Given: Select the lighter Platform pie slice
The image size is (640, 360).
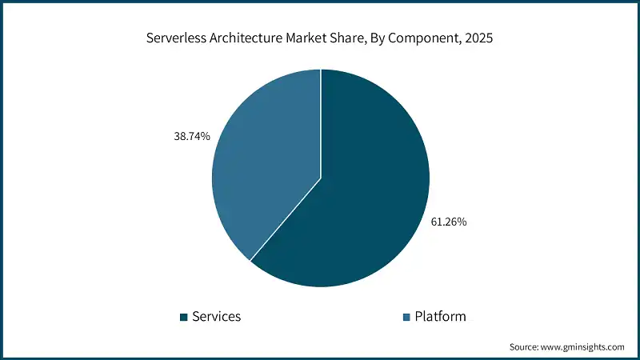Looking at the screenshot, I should pos(264,160).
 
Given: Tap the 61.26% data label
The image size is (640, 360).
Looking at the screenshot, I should pos(448,222).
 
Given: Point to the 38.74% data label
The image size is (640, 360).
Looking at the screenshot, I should pos(191,137).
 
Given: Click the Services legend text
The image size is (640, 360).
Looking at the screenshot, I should pos(216,317).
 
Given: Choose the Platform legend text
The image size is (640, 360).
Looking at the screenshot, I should pos(440,317).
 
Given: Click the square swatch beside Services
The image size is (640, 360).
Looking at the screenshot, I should pos(184,318).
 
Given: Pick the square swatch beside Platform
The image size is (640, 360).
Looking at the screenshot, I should pos(406,318).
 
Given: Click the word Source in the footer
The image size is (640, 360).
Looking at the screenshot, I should pos(524,347).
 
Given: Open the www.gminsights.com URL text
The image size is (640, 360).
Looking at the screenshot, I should pos(584,347).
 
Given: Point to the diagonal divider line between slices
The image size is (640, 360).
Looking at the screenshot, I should pos(286,218).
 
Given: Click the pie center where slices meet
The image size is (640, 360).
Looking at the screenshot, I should pos(321,178).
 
